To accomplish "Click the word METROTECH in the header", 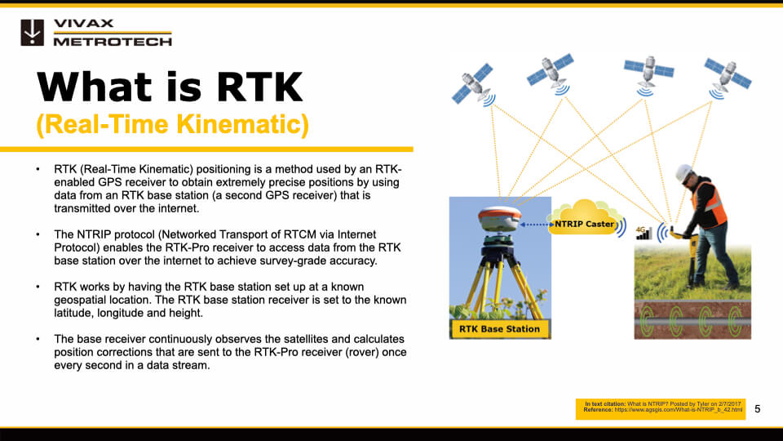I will point(112,41).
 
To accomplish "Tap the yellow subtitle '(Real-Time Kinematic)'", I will point(172,124).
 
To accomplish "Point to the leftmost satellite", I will point(473,84).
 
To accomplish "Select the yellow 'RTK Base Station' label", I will point(499,329).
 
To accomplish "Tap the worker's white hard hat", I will point(683,172).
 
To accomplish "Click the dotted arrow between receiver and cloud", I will point(534,221).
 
